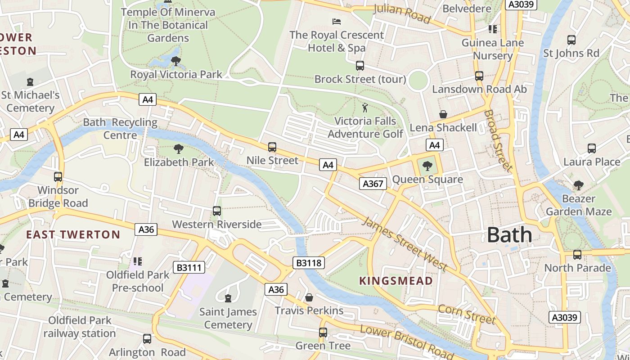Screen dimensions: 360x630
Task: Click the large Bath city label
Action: [x=509, y=235]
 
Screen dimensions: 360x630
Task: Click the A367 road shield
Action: [x=373, y=183]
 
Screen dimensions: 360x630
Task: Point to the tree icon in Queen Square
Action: [x=427, y=166]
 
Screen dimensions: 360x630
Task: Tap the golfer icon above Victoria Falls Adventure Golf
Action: [x=365, y=108]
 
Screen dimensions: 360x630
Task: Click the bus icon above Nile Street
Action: [x=272, y=147]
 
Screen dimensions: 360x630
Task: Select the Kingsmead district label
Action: [x=396, y=281]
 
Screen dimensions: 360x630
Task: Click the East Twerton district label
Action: [x=73, y=234]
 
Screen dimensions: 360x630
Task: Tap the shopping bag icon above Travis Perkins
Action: [x=309, y=297]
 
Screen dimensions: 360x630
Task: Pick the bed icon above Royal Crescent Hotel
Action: [x=336, y=21]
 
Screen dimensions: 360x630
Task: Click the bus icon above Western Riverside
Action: [x=216, y=211]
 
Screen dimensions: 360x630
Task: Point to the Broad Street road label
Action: [x=499, y=140]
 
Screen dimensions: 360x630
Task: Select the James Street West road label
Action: [x=405, y=244]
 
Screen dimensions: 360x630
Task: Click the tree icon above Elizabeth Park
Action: [x=179, y=148]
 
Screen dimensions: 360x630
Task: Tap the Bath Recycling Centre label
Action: [x=120, y=129]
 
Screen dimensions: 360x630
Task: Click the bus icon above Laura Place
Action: [x=592, y=148]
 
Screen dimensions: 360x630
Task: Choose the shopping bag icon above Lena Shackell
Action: [x=443, y=114]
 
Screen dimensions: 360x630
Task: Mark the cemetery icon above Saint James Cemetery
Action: [x=228, y=298]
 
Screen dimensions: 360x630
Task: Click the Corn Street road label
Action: [x=467, y=314]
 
